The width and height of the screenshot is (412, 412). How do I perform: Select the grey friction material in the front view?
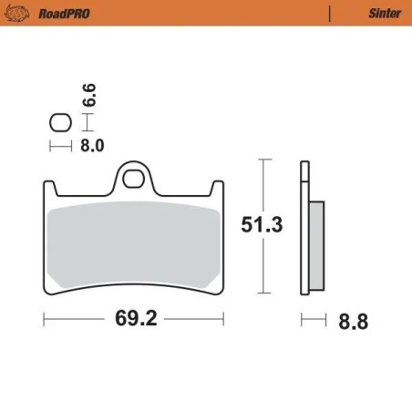[134, 242]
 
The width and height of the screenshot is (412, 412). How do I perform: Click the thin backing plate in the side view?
[304, 228]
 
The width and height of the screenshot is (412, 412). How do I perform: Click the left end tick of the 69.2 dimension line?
[46, 321]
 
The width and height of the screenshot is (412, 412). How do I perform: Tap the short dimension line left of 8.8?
[313, 321]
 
